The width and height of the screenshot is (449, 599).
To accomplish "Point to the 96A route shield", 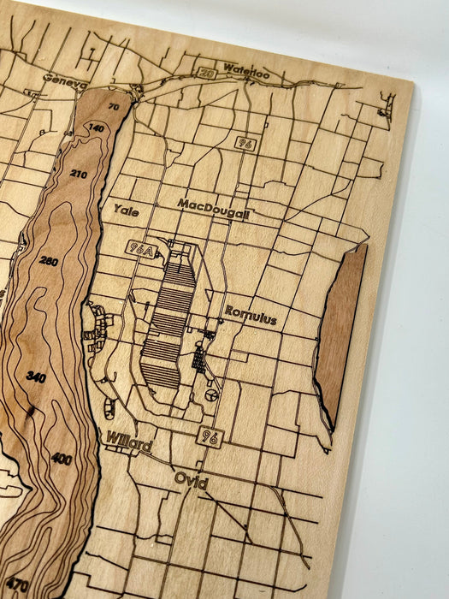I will pyautogui.click(x=141, y=248).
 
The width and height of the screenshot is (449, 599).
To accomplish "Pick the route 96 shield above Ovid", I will pyautogui.click(x=210, y=437).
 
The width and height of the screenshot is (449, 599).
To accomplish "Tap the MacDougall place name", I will pyautogui.click(x=213, y=205).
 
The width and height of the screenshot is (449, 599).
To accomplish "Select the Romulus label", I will pyautogui.click(x=251, y=317).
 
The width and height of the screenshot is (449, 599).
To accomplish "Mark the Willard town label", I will pyautogui.click(x=128, y=443).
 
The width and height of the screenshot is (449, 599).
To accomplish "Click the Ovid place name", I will pyautogui.click(x=191, y=481).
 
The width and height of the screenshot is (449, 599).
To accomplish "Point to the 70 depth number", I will pyautogui.click(x=114, y=107).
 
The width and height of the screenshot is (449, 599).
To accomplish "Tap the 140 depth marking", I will pyautogui.click(x=96, y=128).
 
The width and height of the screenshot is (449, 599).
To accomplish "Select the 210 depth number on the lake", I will pyautogui.click(x=79, y=174).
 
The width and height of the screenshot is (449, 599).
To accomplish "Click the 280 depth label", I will pyautogui.click(x=49, y=261).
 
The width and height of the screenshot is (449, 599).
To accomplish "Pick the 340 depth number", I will pyautogui.click(x=36, y=377).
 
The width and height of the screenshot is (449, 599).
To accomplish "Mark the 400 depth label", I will pyautogui.click(x=61, y=459).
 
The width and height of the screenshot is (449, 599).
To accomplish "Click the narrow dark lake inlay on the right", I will pyautogui.click(x=340, y=334).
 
